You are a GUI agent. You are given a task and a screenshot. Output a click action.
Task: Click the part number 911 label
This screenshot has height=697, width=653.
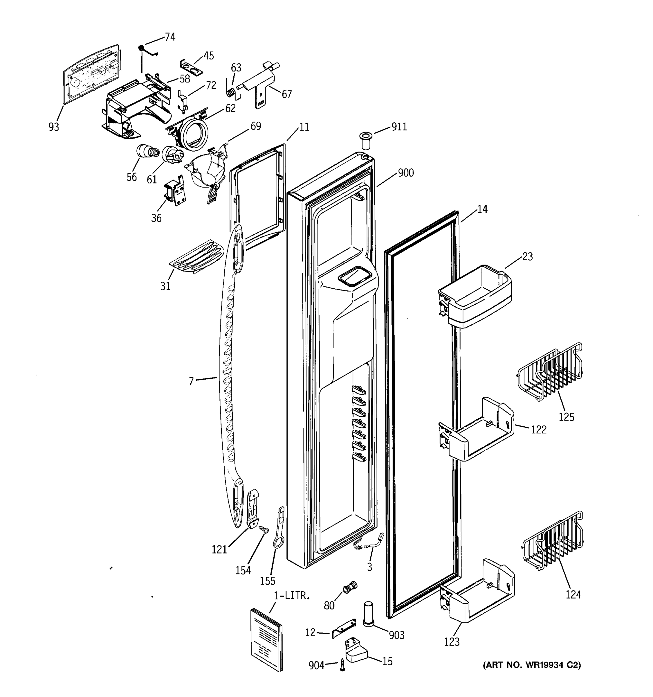point(399,127)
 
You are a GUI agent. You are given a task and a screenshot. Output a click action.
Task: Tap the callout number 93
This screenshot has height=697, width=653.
point(54,127)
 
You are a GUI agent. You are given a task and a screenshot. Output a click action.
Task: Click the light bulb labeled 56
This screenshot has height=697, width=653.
point(147,152)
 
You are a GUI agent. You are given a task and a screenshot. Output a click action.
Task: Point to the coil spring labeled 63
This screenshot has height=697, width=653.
point(230,93)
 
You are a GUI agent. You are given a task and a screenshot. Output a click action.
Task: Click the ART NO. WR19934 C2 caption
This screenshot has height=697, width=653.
point(532,665)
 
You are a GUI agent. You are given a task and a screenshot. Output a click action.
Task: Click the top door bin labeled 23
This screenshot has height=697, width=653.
point(475,296)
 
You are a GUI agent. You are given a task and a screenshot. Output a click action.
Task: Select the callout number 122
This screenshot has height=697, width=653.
point(539,430)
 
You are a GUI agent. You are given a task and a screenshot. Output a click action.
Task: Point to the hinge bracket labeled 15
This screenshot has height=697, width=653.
point(357,651)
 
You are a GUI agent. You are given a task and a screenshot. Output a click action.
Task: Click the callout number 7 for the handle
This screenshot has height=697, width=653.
point(191,381)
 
